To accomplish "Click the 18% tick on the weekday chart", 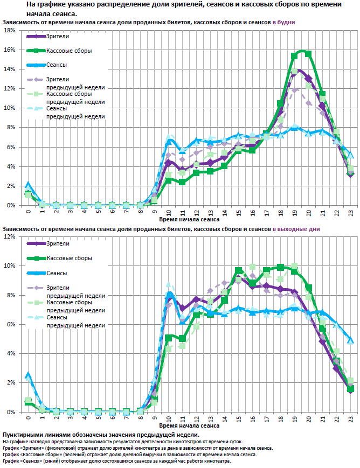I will click(x=10, y=30).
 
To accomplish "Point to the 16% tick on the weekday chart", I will click(x=10, y=50).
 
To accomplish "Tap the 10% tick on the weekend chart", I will click(x=10, y=266).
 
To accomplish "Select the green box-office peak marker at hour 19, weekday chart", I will click(x=294, y=55).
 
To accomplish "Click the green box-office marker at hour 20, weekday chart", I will click(x=308, y=53).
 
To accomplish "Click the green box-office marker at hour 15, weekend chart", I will click(x=238, y=270).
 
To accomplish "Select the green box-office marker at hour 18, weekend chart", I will click(x=280, y=267).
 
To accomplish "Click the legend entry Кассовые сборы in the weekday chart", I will click(x=68, y=51).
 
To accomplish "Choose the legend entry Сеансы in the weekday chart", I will click(x=57, y=65).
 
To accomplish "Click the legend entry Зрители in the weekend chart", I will click(x=58, y=244).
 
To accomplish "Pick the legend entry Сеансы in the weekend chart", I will click(x=57, y=273).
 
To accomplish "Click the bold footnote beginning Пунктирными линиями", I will click(x=101, y=435).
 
